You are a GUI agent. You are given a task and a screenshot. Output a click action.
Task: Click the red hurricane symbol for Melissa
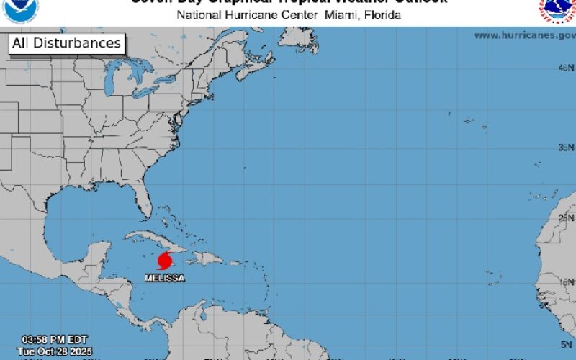coord(166,260)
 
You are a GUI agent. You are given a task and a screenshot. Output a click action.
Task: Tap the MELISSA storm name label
coord(165,278)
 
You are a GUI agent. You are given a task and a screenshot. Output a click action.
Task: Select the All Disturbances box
coord(66,43)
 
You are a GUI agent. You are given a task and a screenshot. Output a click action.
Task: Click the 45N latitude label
coord(566,68)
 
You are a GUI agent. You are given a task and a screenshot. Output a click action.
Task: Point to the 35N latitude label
coord(566,147)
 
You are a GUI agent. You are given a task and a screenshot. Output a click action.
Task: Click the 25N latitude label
coord(566,217)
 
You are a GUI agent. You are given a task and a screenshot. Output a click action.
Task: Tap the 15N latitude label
coord(566,282)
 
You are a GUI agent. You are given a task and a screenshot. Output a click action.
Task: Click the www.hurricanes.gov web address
coord(523,35)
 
